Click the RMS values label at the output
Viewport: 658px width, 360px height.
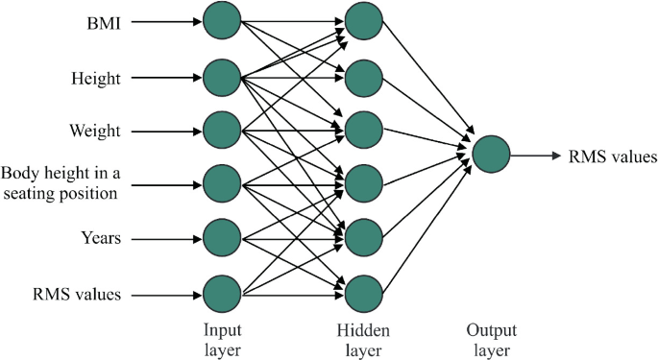pyautogui.click(x=612, y=156)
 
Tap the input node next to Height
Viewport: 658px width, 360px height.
pyautogui.click(x=221, y=74)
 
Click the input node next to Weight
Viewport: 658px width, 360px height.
pyautogui.click(x=221, y=129)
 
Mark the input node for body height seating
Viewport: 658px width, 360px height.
pyautogui.click(x=221, y=182)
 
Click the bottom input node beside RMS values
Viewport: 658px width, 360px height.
pyautogui.click(x=221, y=291)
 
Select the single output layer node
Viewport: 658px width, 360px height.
pyautogui.click(x=491, y=155)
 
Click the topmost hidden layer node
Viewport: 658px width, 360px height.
pyautogui.click(x=362, y=20)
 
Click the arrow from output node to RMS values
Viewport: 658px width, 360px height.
pyautogui.click(x=536, y=155)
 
